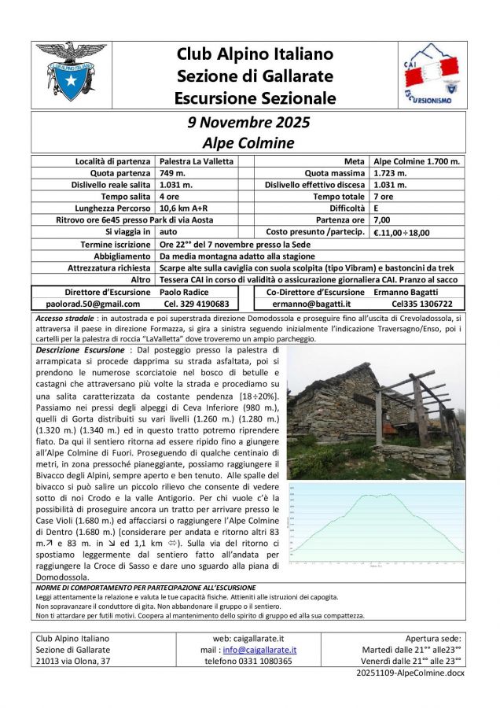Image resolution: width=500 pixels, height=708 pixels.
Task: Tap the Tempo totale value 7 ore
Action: coord(385,197)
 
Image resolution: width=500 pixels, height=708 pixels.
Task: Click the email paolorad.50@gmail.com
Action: coord(88,304)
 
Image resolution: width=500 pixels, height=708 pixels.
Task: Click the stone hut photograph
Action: coord(376,412)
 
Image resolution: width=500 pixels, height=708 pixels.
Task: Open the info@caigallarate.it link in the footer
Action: coord(259,650)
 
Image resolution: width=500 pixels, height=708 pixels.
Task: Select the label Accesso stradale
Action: coord(64,316)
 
